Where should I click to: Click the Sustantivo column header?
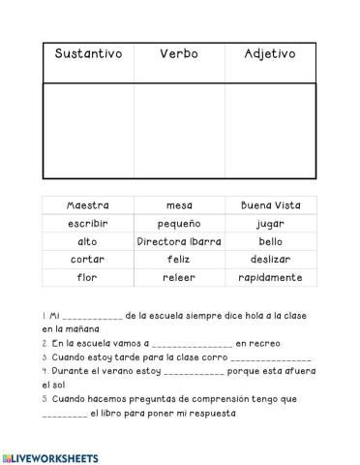88,54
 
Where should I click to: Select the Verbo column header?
179,54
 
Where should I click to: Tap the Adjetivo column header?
270,54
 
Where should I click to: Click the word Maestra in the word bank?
88,205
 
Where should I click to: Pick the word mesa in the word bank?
179,205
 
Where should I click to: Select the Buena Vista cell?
270,205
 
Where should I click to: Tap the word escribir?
88,224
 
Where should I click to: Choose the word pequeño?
179,224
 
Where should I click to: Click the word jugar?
270,224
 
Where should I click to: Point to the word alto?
88,241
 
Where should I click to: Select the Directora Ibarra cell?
179,241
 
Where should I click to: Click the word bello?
270,241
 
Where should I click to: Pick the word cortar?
88,260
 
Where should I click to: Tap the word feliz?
179,260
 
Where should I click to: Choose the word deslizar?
270,260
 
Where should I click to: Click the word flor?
88,278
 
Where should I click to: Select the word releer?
179,278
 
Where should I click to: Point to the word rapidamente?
270,278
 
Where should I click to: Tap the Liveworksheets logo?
50,455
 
